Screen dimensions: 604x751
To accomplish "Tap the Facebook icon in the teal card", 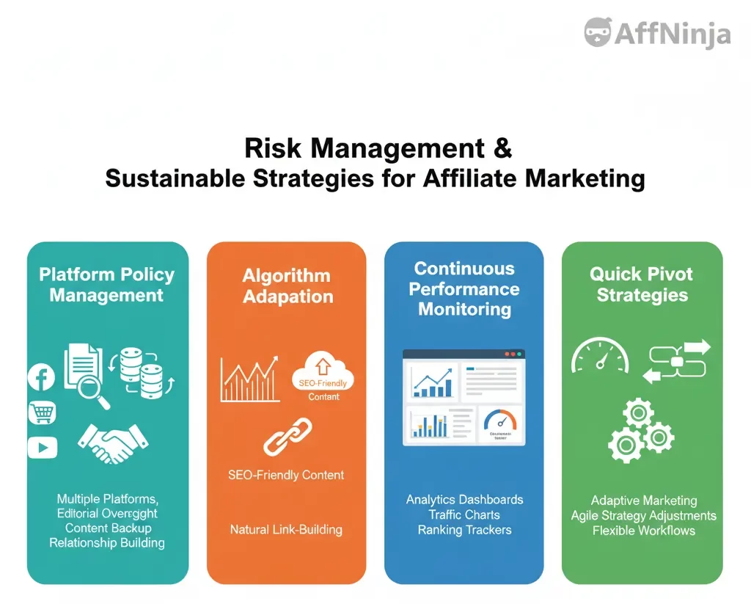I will [42, 378].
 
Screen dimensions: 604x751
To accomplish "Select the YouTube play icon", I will [42, 447].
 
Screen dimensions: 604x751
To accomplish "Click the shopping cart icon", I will [42, 412].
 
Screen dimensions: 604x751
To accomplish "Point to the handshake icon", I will [112, 442].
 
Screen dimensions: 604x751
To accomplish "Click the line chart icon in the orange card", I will [249, 379].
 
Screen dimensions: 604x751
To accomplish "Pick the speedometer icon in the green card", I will [600, 356].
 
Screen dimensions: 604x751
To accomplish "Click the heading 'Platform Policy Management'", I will [107, 285].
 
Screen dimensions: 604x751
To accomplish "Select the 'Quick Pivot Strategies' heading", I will [642, 285].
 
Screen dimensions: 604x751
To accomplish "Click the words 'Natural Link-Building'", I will [286, 529].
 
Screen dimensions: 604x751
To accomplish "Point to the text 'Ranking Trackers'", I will [464, 530].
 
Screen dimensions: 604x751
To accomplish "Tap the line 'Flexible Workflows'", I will [643, 531].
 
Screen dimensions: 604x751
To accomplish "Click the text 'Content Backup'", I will [108, 528].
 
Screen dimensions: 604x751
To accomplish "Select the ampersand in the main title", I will [502, 148].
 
